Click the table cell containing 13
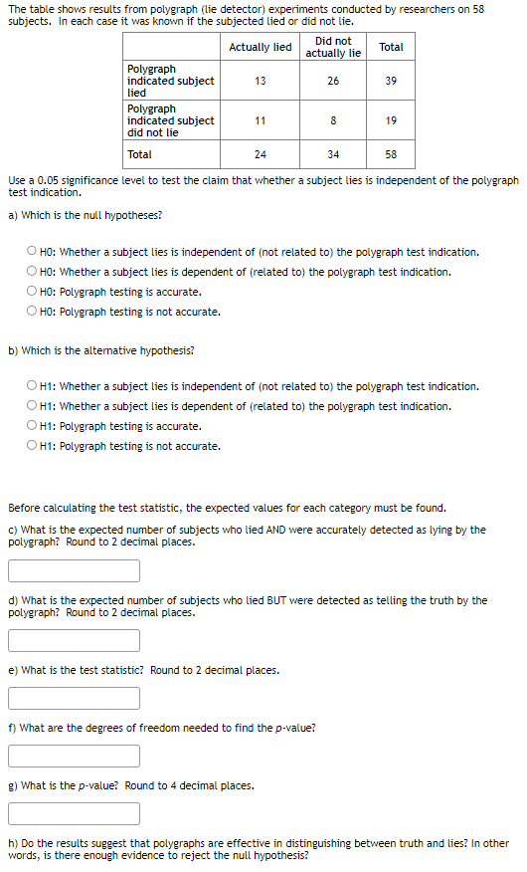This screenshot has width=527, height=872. tap(260, 81)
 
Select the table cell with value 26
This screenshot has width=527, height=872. tap(333, 81)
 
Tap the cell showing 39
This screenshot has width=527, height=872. tap(391, 81)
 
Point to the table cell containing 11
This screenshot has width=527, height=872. tap(260, 120)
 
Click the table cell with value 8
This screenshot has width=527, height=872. tap(333, 120)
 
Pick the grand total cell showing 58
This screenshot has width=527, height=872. tap(391, 154)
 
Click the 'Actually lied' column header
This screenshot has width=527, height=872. tap(260, 47)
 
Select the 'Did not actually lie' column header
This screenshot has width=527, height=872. tap(333, 47)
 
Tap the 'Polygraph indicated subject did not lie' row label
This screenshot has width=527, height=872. tap(171, 120)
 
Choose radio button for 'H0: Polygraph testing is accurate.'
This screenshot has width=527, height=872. tap(33, 292)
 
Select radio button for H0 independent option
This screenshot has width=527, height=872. tap(33, 252)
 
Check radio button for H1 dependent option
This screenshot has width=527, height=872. tap(33, 406)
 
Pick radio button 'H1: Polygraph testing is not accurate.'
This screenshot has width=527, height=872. tap(33, 446)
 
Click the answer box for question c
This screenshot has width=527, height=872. tap(75, 571)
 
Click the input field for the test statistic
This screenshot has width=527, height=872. tap(75, 699)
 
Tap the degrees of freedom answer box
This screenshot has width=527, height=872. tap(75, 757)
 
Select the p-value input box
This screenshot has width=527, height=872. tap(75, 814)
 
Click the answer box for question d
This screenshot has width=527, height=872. tap(75, 641)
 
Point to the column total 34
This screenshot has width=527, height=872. tap(333, 154)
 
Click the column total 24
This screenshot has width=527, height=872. tap(260, 154)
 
